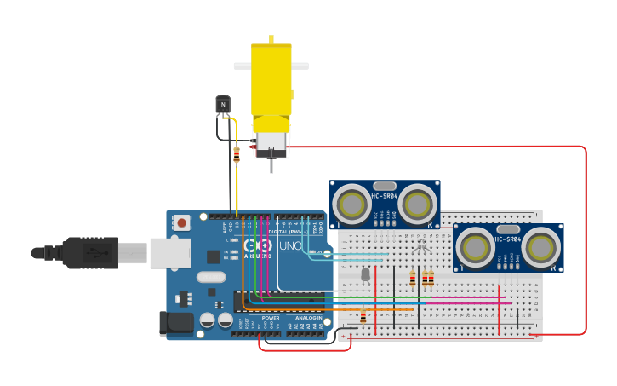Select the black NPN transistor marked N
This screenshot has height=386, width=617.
tap(223, 104)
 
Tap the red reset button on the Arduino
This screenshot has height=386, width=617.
tap(181, 223)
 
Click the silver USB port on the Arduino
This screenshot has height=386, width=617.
tap(169, 252)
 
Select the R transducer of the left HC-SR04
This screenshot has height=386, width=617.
tap(417, 204)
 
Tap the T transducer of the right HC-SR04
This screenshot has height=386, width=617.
tap(474, 246)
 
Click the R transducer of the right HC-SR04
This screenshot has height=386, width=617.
tap(541, 246)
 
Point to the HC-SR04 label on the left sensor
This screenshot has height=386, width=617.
tap(384, 198)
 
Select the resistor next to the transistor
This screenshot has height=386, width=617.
tap(237, 154)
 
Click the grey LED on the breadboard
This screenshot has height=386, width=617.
tap(366, 274)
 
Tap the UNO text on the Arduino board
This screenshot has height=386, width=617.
tap(291, 246)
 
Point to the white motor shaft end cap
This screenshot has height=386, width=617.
tap(271, 144)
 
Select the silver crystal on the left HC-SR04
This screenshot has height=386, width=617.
tap(385, 185)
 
